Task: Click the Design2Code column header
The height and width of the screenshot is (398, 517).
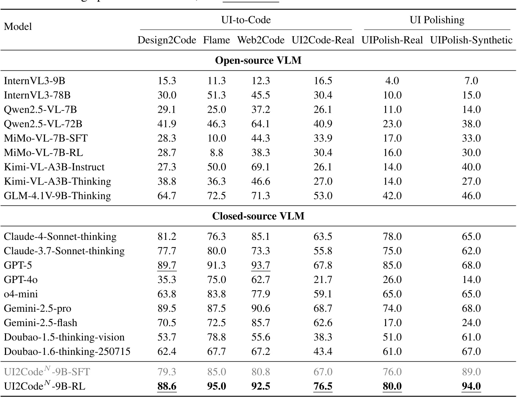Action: point(167,40)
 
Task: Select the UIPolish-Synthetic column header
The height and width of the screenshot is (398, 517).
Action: point(471,40)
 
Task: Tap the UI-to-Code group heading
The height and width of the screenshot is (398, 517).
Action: point(246,20)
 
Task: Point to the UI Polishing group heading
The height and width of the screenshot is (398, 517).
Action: point(437,20)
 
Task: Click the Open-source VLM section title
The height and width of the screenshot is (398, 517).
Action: point(258,61)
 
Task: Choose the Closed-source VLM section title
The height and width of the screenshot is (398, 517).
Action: point(258,216)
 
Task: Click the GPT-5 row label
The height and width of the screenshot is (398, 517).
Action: point(18,265)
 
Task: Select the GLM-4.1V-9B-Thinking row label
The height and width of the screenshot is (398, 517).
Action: point(57,196)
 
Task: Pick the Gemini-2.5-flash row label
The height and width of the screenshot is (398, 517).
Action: point(41,323)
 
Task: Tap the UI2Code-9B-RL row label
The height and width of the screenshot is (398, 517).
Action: point(45,386)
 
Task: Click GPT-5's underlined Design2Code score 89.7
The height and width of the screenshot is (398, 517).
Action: point(167,265)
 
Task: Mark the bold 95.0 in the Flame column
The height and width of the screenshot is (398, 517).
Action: point(216,386)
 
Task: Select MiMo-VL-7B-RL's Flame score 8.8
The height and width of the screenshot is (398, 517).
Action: point(216,152)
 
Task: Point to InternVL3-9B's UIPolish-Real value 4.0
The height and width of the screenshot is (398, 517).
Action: point(392,81)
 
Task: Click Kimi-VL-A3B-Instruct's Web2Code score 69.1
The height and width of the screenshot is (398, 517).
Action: point(261,167)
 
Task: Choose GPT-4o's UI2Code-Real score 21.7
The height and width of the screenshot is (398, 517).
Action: point(323,280)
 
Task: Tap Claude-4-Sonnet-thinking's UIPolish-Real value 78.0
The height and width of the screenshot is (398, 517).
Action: point(392,236)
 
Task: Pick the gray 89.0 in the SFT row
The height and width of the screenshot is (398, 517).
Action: point(471,372)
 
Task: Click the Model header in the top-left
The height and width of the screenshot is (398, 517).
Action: point(18,26)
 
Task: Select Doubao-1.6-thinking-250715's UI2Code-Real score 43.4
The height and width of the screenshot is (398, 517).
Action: point(323,351)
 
